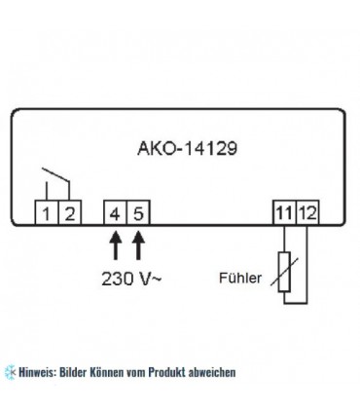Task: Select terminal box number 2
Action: pyautogui.click(x=66, y=210)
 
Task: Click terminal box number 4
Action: pyautogui.click(x=118, y=210)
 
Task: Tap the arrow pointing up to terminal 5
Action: pyautogui.click(x=138, y=240)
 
